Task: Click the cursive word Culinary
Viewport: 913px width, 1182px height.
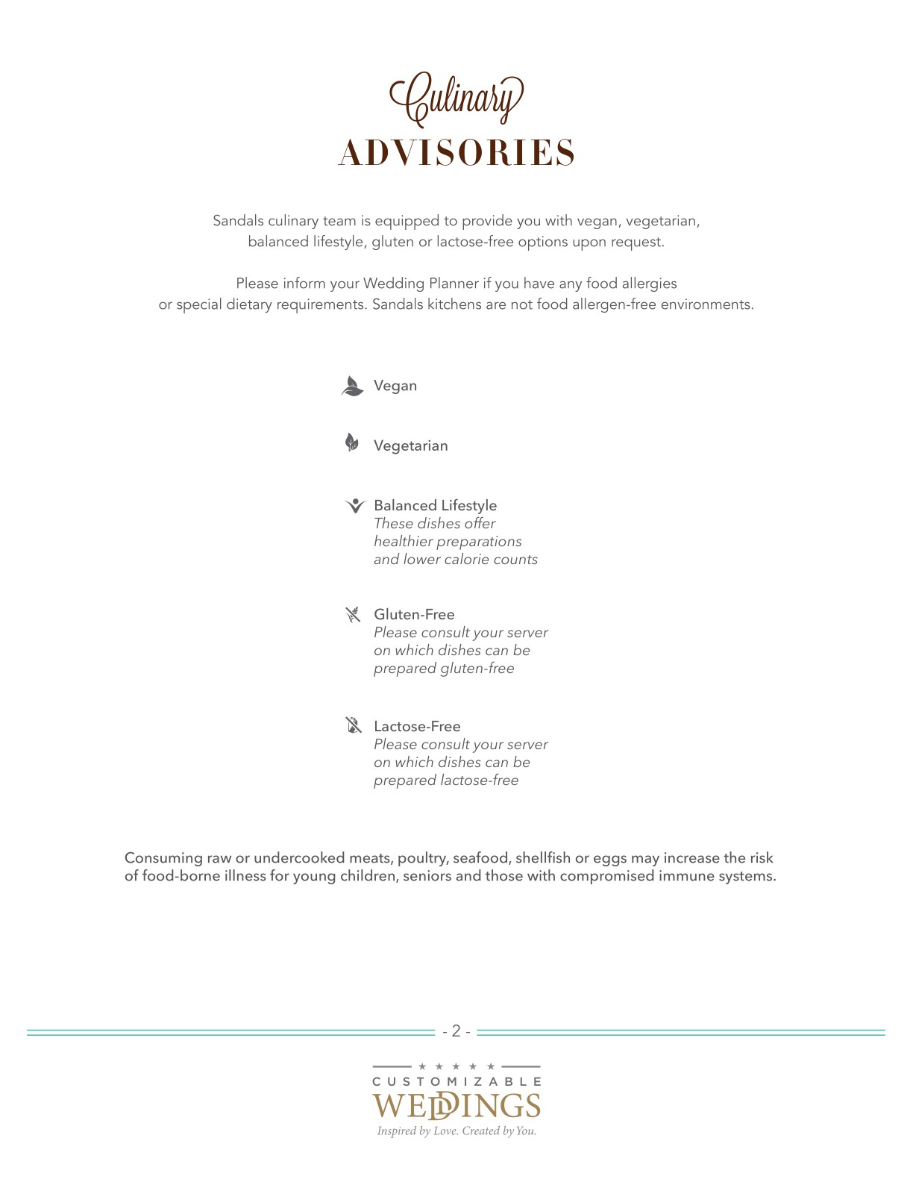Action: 456,98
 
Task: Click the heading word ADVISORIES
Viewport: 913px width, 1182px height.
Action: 456,153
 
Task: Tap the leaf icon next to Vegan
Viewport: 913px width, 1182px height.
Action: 352,386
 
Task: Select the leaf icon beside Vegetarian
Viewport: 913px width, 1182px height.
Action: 352,443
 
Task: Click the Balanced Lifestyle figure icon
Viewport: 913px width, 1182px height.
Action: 355,506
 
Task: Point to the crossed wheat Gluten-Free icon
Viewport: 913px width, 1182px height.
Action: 353,615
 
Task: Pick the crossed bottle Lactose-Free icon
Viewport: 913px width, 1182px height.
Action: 354,725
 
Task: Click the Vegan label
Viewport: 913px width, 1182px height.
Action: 395,386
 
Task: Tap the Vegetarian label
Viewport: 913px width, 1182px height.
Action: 411,445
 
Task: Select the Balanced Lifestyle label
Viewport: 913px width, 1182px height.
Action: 435,505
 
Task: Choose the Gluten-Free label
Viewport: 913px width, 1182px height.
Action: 414,614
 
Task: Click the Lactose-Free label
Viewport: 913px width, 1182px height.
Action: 417,726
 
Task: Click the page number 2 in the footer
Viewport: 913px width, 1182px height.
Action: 456,1031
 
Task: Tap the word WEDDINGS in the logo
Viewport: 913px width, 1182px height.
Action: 456,1105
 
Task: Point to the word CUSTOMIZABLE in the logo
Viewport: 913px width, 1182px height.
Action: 456,1081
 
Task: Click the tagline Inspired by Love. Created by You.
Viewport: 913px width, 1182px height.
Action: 456,1131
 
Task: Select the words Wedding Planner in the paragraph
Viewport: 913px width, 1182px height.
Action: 421,284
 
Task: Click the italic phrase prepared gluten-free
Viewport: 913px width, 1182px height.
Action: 444,669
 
